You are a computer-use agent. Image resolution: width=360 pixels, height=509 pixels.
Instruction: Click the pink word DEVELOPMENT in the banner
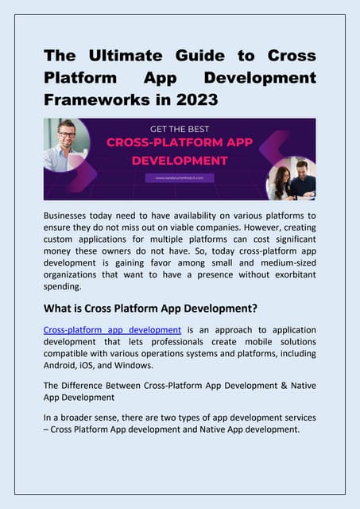(179, 160)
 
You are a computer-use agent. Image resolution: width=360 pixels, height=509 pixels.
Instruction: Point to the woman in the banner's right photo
(281, 181)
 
